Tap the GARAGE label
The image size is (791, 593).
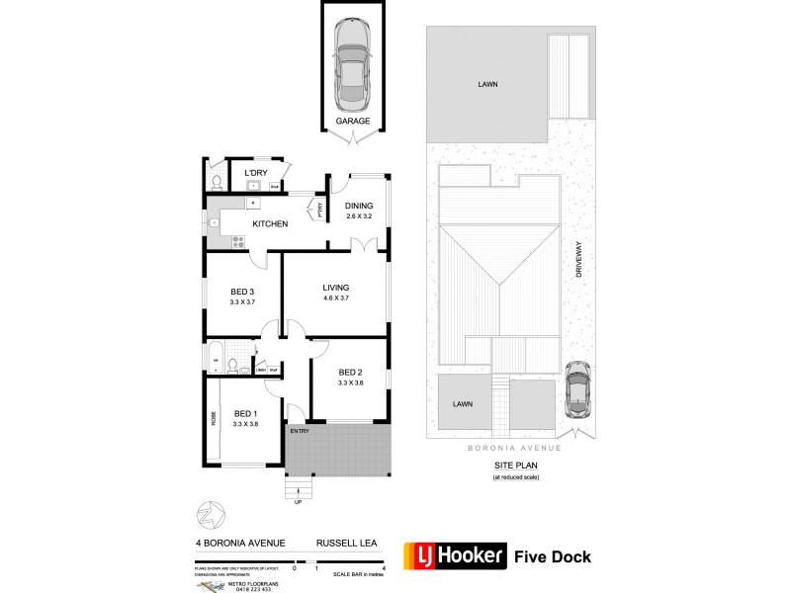pyautogui.click(x=352, y=122)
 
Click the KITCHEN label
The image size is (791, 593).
pyautogui.click(x=270, y=224)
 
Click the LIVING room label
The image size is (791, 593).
pyautogui.click(x=336, y=288)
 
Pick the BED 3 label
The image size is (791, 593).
pyautogui.click(x=243, y=292)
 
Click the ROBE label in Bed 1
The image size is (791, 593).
pyautogui.click(x=213, y=418)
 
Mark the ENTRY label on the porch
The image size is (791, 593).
pyautogui.click(x=299, y=432)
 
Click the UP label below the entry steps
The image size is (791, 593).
pyautogui.click(x=298, y=502)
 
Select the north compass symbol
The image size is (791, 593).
pyautogui.click(x=206, y=514)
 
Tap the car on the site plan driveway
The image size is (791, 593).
pyautogui.click(x=576, y=388)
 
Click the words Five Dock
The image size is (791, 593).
pyautogui.click(x=553, y=556)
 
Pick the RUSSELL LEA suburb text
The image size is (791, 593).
pyautogui.click(x=342, y=543)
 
